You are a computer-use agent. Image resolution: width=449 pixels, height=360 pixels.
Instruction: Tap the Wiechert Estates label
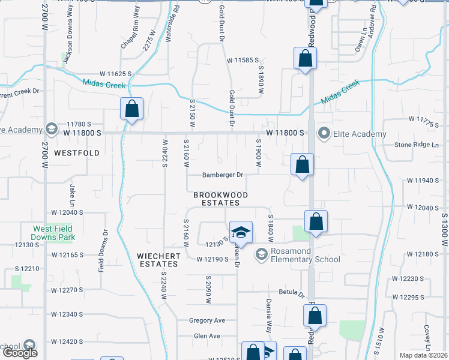158,260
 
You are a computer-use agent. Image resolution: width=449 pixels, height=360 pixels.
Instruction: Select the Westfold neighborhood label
76,153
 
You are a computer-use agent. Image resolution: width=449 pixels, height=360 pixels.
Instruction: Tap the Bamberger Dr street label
222,175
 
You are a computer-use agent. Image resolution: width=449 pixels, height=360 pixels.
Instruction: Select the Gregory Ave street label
206,320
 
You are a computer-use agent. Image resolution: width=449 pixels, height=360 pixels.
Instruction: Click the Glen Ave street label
206,336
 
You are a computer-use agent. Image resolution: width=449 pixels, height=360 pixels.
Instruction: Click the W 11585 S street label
243,60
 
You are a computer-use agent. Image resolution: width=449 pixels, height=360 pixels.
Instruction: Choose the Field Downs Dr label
101,251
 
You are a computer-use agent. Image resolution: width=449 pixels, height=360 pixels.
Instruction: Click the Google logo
20,353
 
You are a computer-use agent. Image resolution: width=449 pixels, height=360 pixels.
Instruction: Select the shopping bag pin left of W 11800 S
132,109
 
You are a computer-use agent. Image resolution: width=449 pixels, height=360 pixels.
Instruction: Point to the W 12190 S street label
213,259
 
